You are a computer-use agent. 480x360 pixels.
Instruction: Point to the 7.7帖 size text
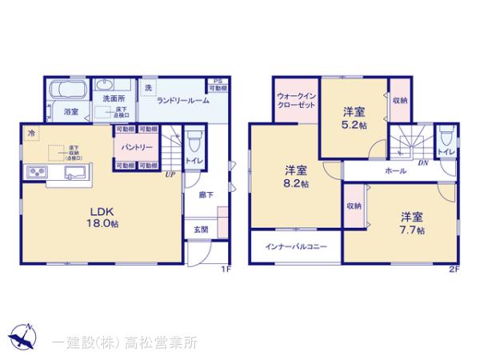pos(412,230)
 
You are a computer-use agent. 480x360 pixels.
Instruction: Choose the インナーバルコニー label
pos(297,246)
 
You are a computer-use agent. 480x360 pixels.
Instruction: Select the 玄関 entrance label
pos(201,230)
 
